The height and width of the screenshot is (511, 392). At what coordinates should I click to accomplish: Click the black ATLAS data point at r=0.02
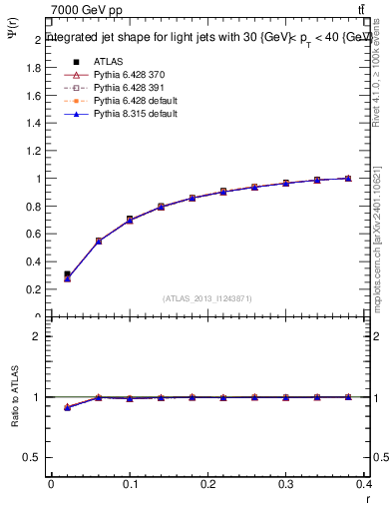[67, 273]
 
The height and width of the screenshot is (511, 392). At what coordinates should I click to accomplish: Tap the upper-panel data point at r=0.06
[99, 241]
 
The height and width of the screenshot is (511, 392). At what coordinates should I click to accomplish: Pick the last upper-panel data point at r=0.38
[348, 179]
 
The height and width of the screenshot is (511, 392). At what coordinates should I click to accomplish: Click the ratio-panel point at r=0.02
[67, 407]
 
